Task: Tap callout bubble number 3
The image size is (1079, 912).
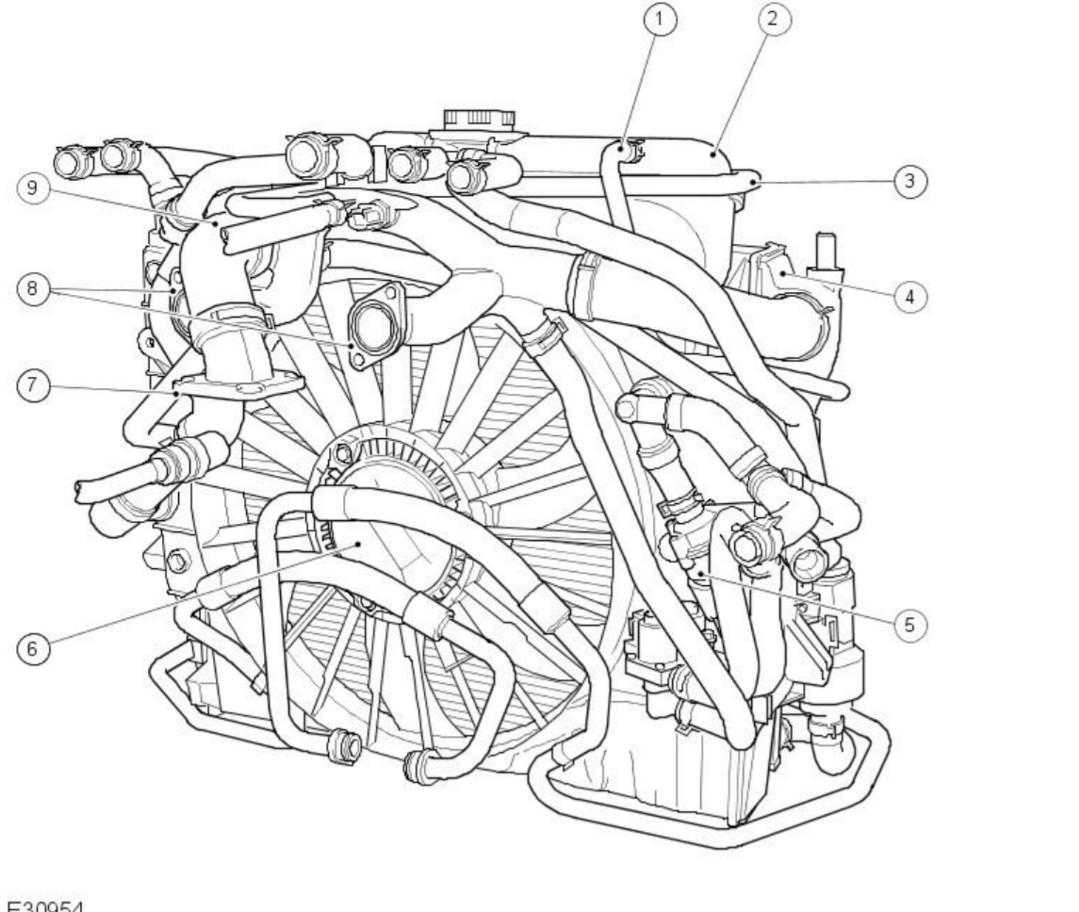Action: [908, 181]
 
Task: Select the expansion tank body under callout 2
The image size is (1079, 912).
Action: [660, 203]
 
